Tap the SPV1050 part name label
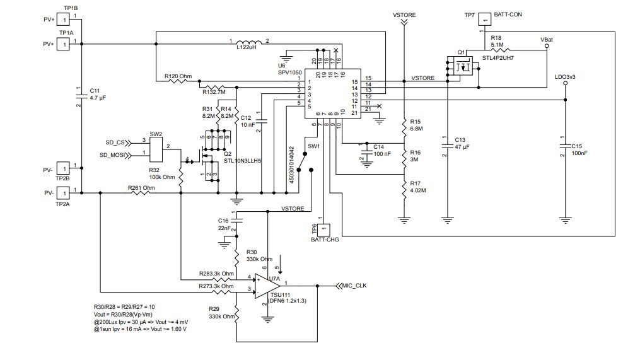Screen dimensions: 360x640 coord(291,73)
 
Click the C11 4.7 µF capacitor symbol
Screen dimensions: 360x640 coord(79,95)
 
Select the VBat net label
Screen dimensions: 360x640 coord(547,39)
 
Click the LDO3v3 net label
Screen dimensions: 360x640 coord(564,77)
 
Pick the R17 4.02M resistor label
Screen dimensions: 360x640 coord(418,187)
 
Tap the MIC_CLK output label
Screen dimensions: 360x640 coord(353,285)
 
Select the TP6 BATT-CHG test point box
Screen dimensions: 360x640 coord(323,228)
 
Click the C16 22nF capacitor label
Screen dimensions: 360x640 coord(223,223)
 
